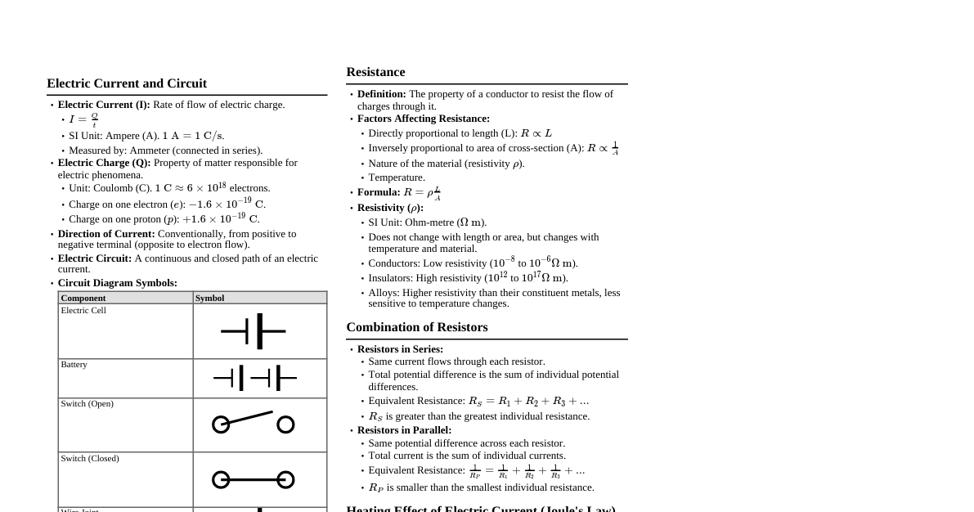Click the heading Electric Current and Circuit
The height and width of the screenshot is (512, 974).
pyautogui.click(x=127, y=83)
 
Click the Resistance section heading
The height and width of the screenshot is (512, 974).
pyautogui.click(x=375, y=72)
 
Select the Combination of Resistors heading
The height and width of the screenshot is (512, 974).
pyautogui.click(x=416, y=327)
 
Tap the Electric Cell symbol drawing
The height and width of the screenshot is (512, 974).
pyautogui.click(x=254, y=331)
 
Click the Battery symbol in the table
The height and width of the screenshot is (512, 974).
pyautogui.click(x=254, y=378)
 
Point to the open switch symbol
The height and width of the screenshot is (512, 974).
pyautogui.click(x=253, y=422)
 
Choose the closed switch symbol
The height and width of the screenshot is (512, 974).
pyautogui.click(x=253, y=479)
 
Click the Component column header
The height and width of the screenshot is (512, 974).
pyautogui.click(x=83, y=298)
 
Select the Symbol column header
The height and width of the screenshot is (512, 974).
pyautogui.click(x=210, y=298)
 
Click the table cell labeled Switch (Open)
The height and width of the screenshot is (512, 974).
pyautogui.click(x=87, y=404)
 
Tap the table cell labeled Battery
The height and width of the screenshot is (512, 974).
pyautogui.click(x=74, y=365)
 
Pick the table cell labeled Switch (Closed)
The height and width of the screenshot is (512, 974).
pyautogui.click(x=90, y=459)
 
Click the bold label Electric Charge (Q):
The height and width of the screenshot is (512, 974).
pyautogui.click(x=104, y=163)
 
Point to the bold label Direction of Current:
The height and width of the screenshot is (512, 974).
pyautogui.click(x=106, y=234)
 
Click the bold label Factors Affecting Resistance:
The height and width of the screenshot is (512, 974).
pyautogui.click(x=424, y=119)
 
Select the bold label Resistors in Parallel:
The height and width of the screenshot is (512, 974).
pyautogui.click(x=404, y=430)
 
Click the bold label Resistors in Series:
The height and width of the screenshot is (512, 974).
pyautogui.click(x=400, y=349)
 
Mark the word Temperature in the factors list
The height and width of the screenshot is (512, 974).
pyautogui.click(x=396, y=177)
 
